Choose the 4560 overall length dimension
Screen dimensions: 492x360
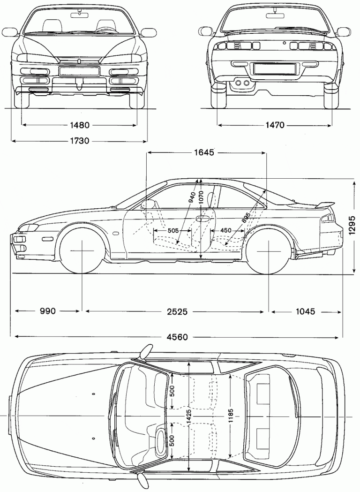pos(176,337)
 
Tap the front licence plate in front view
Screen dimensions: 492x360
pos(79,71)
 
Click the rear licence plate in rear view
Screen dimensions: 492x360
pos(274,68)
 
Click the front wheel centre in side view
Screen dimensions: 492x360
pos(82,250)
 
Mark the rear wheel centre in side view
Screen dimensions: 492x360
pos(268,250)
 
